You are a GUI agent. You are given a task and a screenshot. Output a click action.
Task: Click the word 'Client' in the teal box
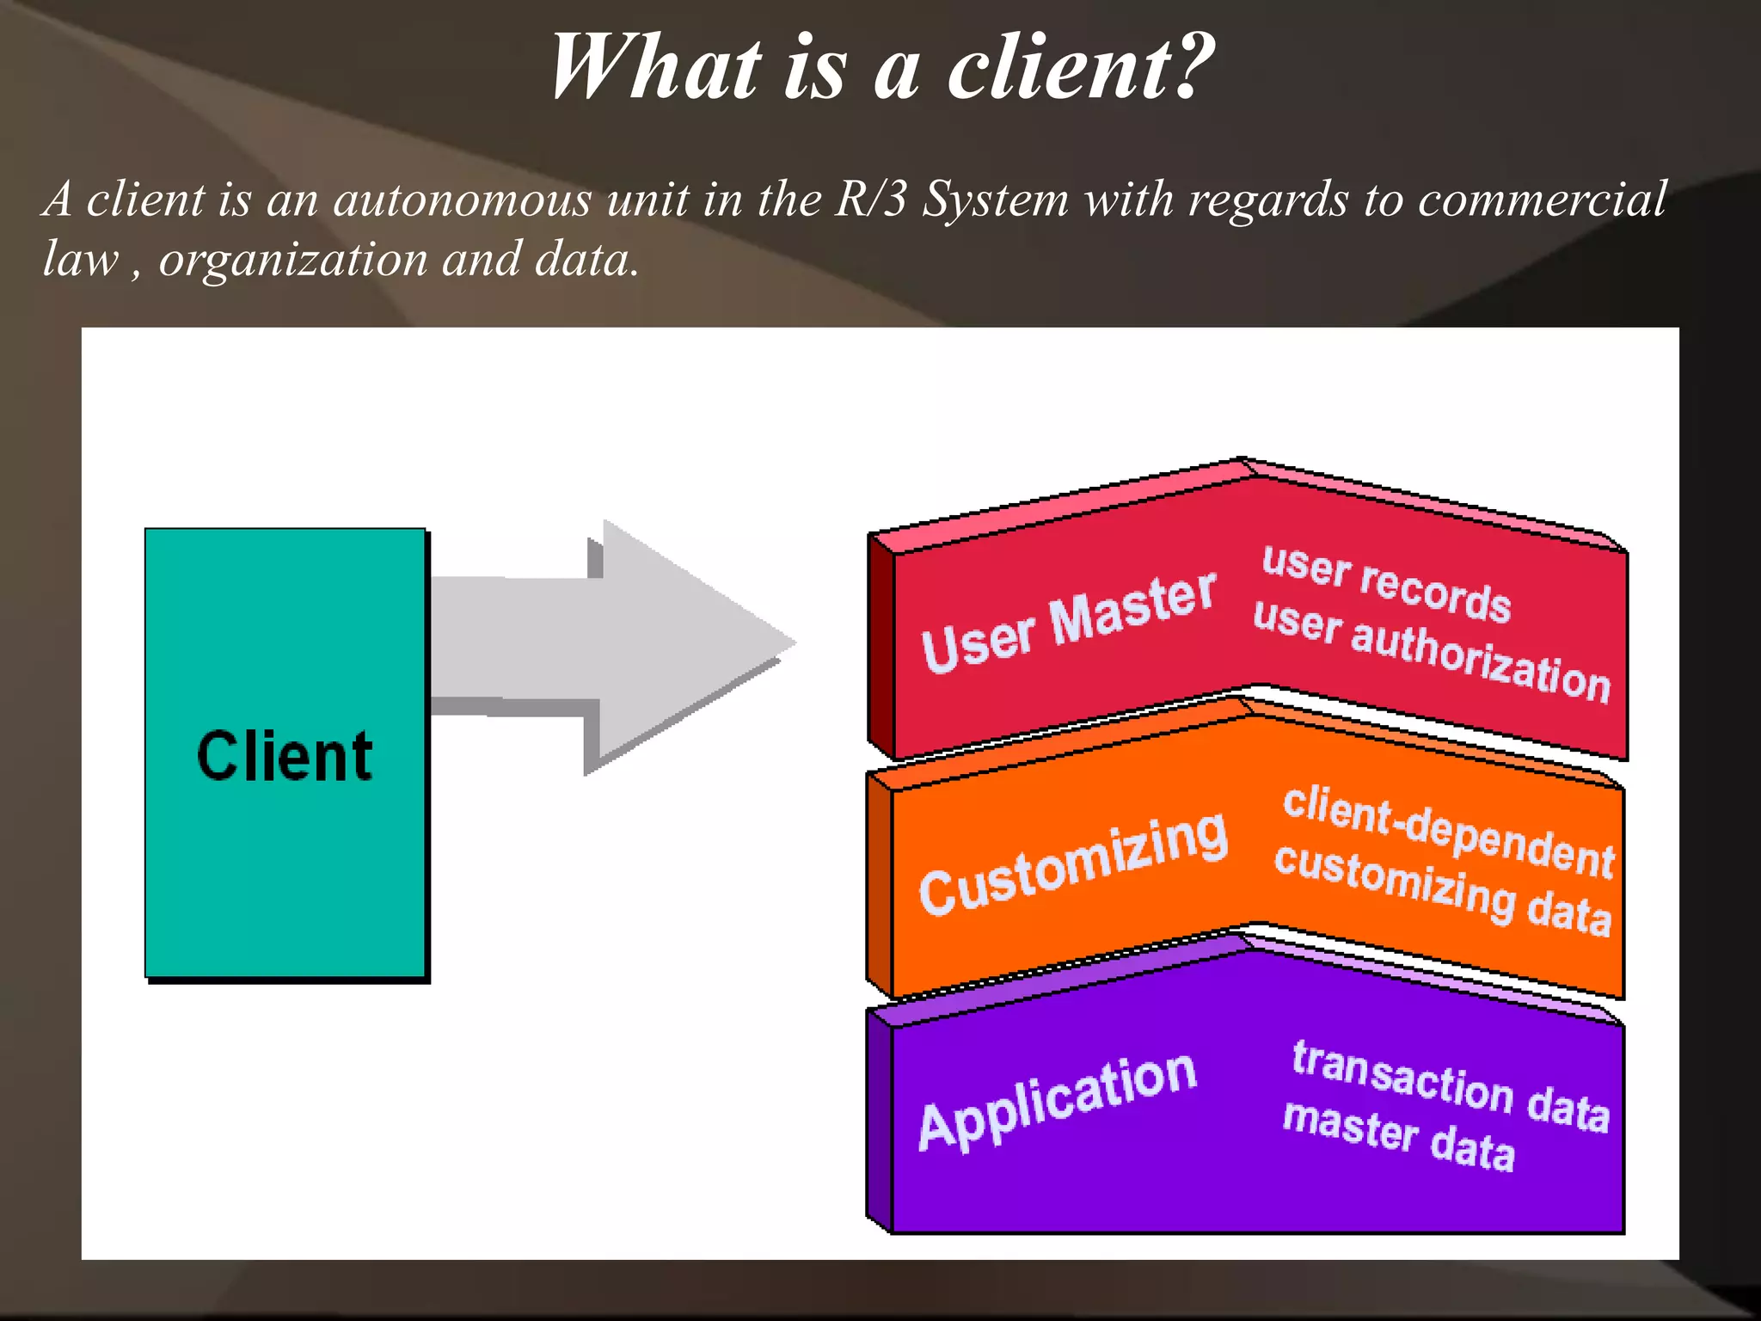(x=285, y=756)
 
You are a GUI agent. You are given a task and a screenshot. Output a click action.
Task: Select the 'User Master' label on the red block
(x=1068, y=621)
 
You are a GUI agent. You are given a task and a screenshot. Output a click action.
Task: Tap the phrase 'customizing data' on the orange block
(x=1441, y=889)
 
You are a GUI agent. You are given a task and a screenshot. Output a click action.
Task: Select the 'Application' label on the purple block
(x=1057, y=1100)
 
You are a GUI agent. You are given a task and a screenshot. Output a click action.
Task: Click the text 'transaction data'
(x=1450, y=1085)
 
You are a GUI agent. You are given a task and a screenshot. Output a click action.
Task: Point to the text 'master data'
(x=1398, y=1136)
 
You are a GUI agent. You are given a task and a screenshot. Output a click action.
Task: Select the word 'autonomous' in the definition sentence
(x=463, y=200)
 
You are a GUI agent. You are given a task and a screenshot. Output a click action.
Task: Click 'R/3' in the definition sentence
(x=870, y=200)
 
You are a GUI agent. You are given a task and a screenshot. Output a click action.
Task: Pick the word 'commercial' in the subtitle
(x=1542, y=200)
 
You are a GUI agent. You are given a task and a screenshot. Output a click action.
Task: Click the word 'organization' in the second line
(x=293, y=260)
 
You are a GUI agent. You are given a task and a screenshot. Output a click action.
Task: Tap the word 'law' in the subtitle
(x=80, y=260)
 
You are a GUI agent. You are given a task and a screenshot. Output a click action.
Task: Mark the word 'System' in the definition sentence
(x=995, y=200)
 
